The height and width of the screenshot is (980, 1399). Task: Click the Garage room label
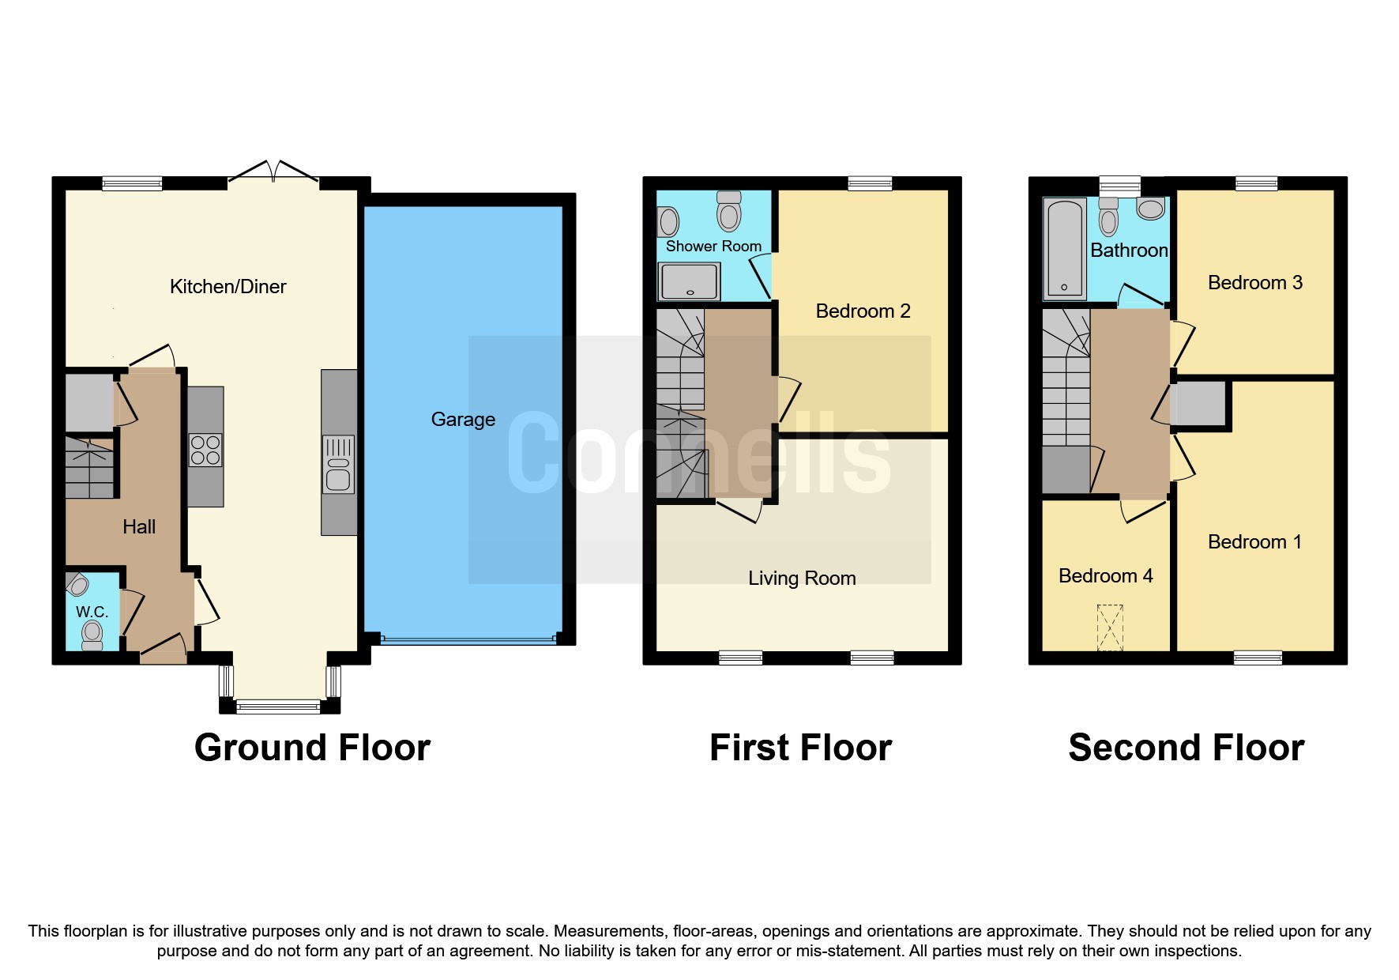click(x=463, y=420)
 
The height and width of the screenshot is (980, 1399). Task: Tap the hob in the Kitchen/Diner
click(x=205, y=450)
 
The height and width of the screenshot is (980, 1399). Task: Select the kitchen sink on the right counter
click(x=338, y=464)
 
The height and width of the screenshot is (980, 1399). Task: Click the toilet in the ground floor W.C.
click(x=92, y=633)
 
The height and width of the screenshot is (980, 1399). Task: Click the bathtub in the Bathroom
click(x=1064, y=249)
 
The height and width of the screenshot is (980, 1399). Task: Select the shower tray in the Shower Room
click(x=690, y=281)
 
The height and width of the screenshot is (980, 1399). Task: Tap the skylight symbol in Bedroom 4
click(x=1110, y=628)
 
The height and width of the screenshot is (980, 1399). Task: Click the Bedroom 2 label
click(x=863, y=311)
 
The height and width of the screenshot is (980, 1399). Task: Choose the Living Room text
click(x=802, y=579)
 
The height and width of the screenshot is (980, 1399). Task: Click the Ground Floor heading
click(x=312, y=748)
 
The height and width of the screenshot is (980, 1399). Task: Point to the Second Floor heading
click(x=1186, y=748)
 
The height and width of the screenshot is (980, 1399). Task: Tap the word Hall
click(x=139, y=527)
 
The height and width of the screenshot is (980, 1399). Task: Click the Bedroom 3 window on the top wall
click(x=1256, y=183)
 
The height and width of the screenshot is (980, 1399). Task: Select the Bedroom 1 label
click(x=1254, y=542)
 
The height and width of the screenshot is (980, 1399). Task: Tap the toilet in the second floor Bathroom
click(x=1108, y=218)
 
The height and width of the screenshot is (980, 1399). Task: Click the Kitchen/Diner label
click(x=228, y=287)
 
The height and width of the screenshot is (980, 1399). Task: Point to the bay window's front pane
click(x=278, y=707)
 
